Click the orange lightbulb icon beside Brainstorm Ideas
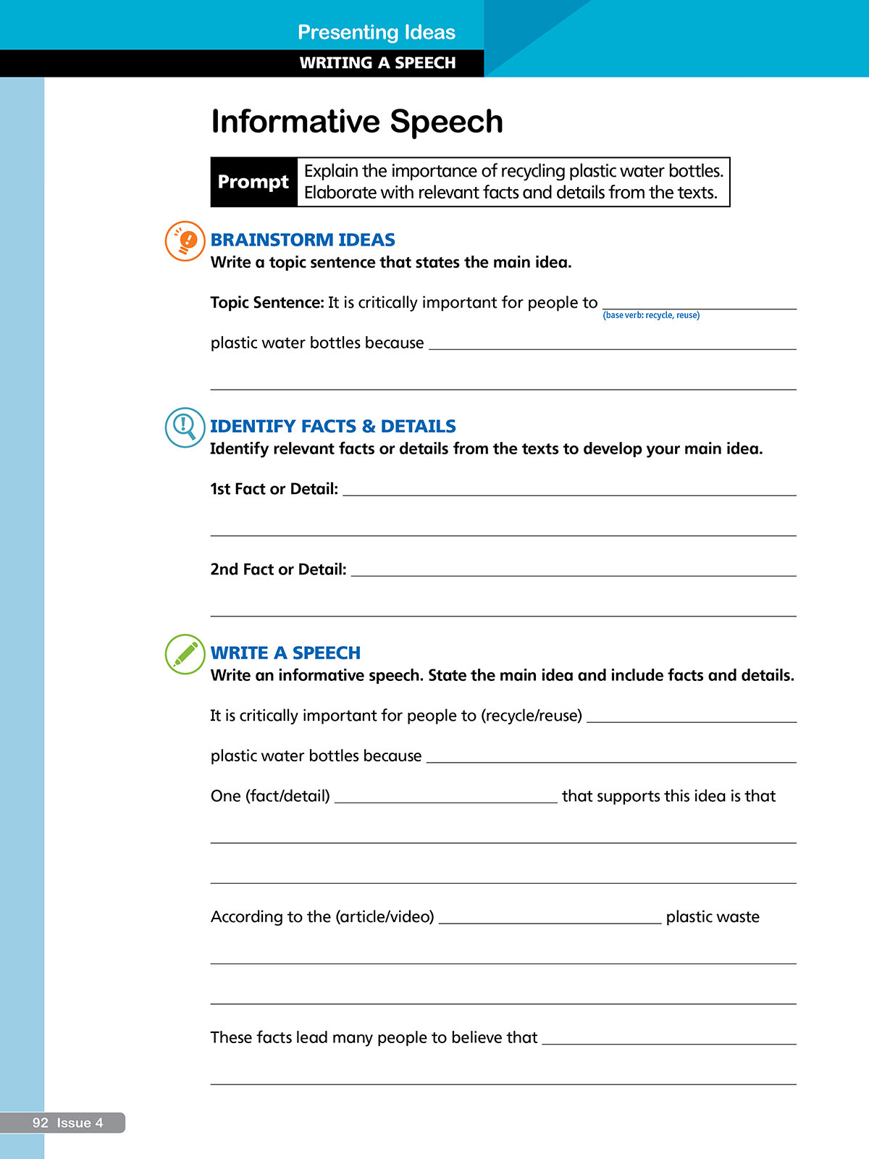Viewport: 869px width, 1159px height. (x=185, y=240)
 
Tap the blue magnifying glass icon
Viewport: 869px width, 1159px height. (x=185, y=427)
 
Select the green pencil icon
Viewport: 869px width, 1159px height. (x=185, y=653)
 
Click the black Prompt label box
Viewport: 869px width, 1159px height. (x=253, y=182)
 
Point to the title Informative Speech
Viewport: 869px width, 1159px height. (x=357, y=122)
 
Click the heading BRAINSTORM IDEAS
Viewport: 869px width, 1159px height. (x=303, y=240)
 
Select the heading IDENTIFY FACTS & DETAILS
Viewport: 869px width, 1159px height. (x=333, y=426)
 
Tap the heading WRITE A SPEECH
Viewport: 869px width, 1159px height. (x=285, y=653)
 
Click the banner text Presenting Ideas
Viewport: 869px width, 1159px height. (x=377, y=32)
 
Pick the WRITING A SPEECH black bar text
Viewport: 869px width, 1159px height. (x=377, y=63)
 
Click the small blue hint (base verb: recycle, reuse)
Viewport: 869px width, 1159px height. (x=651, y=315)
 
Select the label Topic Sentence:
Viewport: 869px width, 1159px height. (x=267, y=303)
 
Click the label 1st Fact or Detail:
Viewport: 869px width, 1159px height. (x=274, y=489)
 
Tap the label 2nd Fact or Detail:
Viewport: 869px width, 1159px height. (x=279, y=569)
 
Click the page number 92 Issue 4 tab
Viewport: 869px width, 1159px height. (x=67, y=1123)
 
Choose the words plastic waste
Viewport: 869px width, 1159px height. (x=713, y=917)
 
